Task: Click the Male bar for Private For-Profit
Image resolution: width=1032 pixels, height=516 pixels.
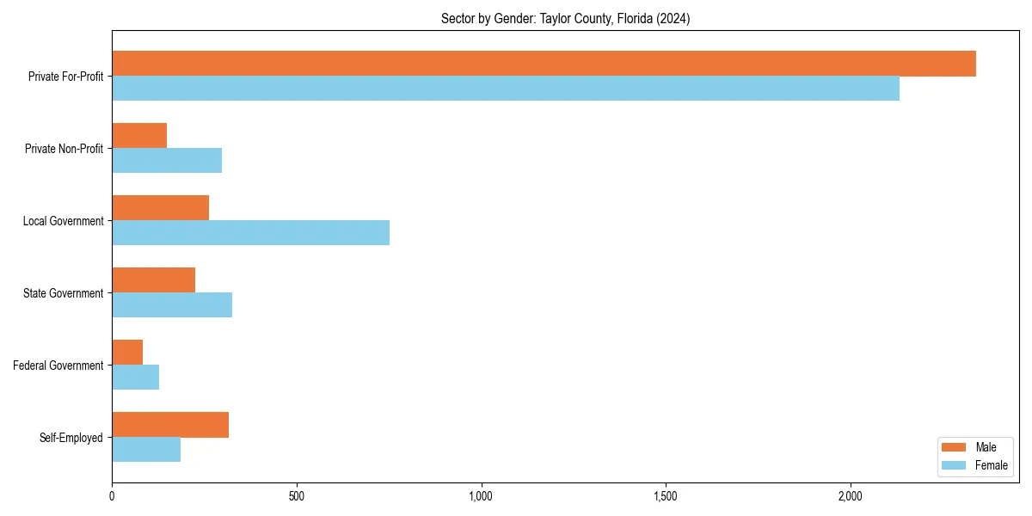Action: pyautogui.click(x=544, y=64)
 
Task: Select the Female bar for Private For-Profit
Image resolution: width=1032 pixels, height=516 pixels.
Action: pyautogui.click(x=506, y=89)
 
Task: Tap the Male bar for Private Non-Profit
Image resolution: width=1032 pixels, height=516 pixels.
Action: pyautogui.click(x=139, y=136)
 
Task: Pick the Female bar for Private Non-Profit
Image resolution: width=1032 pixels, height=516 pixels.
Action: pyautogui.click(x=167, y=161)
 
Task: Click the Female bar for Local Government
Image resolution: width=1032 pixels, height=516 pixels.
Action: pyautogui.click(x=250, y=233)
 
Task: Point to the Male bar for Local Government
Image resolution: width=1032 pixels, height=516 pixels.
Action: pyautogui.click(x=160, y=208)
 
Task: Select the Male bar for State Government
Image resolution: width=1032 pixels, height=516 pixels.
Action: pyautogui.click(x=153, y=280)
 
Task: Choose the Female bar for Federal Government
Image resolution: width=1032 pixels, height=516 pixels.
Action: pyautogui.click(x=135, y=378)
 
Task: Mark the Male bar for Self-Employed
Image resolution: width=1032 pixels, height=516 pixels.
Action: pyautogui.click(x=170, y=425)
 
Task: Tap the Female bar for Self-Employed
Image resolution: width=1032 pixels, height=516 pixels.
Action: pyautogui.click(x=146, y=450)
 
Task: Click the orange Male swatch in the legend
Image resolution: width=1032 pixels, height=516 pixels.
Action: pyautogui.click(x=955, y=447)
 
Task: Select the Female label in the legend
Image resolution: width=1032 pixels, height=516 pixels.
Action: pyautogui.click(x=992, y=465)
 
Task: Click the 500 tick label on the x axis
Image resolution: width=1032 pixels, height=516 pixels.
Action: pyautogui.click(x=297, y=496)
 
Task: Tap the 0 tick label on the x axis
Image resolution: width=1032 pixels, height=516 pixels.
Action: pyautogui.click(x=112, y=496)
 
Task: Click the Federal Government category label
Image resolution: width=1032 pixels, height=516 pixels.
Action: pyautogui.click(x=58, y=365)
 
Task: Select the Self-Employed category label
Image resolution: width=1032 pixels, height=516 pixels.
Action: pyautogui.click(x=71, y=438)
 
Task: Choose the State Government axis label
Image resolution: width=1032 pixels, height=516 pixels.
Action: pyautogui.click(x=64, y=293)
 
